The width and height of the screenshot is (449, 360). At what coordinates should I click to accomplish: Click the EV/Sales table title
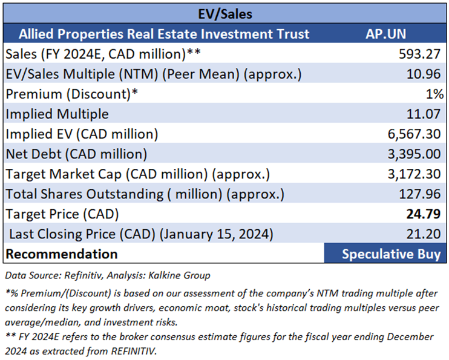pyautogui.click(x=224, y=13)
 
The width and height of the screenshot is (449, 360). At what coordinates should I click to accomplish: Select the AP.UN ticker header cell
pyautogui.click(x=385, y=33)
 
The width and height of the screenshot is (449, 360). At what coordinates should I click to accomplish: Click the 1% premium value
pyautogui.click(x=436, y=94)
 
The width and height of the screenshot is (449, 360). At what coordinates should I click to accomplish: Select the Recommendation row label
pyautogui.click(x=62, y=254)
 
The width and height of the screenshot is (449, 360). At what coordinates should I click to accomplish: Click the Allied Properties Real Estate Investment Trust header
pyautogui.click(x=164, y=33)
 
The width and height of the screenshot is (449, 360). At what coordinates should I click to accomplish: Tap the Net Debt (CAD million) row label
pyautogui.click(x=76, y=154)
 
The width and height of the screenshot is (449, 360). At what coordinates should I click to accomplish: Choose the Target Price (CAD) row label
pyautogui.click(x=62, y=214)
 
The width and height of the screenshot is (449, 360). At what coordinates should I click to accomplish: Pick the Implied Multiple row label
pyautogui.click(x=57, y=114)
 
